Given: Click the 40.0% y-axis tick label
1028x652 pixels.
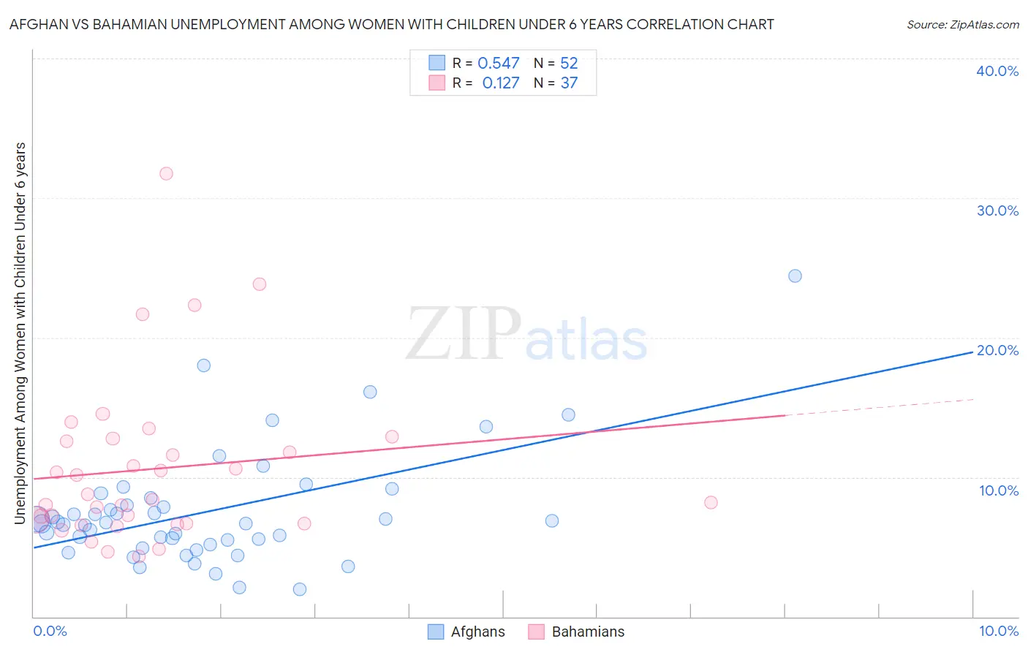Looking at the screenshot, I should (x=997, y=71).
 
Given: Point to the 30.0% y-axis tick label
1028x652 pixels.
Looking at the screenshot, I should (x=997, y=211).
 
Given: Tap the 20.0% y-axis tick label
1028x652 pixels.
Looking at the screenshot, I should (x=997, y=350).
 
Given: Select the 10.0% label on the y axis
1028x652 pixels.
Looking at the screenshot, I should (x=998, y=490).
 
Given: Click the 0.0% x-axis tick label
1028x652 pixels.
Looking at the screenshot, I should (x=50, y=631).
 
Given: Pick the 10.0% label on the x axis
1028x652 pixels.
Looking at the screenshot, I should (x=998, y=631).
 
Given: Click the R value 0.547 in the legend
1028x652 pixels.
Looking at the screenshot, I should (x=499, y=64).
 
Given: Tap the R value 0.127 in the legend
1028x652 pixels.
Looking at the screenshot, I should (x=501, y=83).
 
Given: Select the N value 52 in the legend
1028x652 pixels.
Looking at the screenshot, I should (x=569, y=64).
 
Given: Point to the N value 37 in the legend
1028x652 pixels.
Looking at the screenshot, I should (x=569, y=83).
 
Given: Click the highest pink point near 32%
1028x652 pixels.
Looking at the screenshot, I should (x=166, y=173).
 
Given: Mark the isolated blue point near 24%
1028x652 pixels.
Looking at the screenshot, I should (x=795, y=276).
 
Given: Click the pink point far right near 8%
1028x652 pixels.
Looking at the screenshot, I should (x=711, y=502).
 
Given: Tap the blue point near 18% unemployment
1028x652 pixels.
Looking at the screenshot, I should (x=204, y=365).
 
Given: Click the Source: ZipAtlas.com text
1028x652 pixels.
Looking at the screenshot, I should (x=962, y=25).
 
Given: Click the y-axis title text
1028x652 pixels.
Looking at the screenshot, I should (x=20, y=333).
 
